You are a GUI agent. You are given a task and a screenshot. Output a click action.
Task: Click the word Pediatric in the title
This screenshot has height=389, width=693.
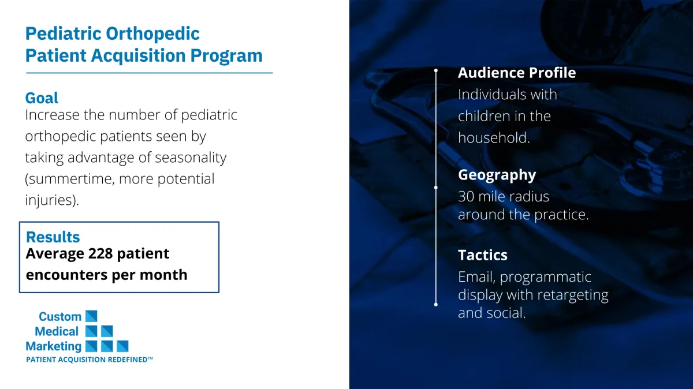[64, 33]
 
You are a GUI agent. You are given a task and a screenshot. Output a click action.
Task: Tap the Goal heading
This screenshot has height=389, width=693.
[42, 99]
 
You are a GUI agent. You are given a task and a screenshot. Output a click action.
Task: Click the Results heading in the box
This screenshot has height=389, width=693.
[53, 237]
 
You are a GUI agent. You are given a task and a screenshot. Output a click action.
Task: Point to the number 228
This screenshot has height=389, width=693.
[100, 253]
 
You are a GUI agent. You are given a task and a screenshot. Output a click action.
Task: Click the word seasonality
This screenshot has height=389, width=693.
[191, 158]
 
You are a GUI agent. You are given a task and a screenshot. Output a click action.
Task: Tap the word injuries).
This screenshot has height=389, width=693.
[52, 200]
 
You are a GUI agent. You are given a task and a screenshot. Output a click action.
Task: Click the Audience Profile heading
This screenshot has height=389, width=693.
[517, 73]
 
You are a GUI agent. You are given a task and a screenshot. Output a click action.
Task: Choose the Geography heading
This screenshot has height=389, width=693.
[497, 175]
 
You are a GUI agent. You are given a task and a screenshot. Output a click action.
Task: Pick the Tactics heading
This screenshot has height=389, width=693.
[483, 256]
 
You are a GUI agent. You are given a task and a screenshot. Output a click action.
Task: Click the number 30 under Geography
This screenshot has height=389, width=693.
[466, 197]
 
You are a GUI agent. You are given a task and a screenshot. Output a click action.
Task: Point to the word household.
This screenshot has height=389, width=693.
[494, 137]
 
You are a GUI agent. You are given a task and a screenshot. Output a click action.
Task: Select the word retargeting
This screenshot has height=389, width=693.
[573, 296]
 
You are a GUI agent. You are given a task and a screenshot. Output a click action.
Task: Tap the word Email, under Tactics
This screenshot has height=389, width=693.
[477, 277]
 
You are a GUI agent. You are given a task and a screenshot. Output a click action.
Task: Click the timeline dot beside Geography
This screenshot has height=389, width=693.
[436, 188]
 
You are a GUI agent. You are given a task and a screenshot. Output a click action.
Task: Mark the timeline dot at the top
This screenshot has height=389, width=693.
[436, 71]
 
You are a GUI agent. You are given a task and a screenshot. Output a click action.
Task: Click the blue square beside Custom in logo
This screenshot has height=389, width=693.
[91, 316]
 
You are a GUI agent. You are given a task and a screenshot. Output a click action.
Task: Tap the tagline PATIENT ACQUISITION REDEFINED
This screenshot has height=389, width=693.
[90, 360]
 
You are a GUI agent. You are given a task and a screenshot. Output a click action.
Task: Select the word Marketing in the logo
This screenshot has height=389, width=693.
[54, 347]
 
